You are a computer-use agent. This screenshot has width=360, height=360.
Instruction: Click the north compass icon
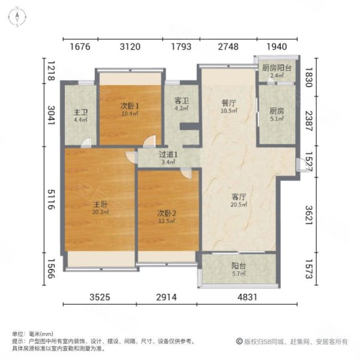point(18,15)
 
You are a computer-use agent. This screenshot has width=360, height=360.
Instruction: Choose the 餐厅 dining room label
point(227,102)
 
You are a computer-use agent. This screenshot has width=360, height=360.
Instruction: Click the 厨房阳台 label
point(277,68)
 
